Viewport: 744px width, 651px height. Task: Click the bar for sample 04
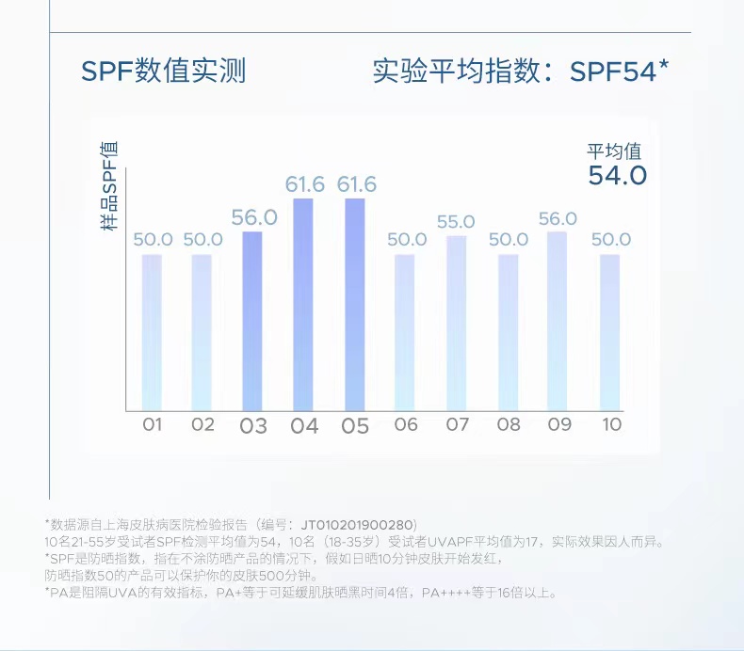[304, 305]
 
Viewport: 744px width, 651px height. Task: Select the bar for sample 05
[355, 305]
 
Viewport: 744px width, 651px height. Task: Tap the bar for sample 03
[252, 321]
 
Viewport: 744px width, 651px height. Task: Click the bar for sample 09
[558, 321]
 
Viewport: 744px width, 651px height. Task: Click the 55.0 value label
[456, 222]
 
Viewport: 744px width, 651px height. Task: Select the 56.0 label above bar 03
[253, 217]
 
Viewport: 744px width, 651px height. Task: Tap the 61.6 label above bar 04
[305, 184]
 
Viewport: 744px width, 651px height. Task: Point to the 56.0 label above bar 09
[558, 219]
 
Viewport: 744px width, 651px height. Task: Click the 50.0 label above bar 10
[611, 240]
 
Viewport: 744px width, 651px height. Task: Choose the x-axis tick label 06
[406, 424]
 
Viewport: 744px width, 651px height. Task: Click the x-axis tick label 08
[509, 424]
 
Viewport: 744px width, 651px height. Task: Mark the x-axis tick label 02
[202, 424]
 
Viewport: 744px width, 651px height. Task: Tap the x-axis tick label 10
[611, 424]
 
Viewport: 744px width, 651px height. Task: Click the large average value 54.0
[617, 175]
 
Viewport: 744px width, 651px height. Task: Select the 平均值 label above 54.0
[614, 151]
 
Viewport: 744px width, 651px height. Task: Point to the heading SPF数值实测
[163, 71]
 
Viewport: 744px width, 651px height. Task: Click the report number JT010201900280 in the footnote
[357, 524]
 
